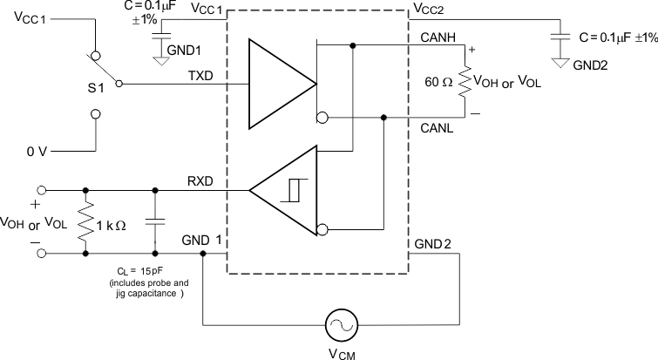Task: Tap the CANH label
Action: click(x=435, y=37)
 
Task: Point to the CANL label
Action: click(x=435, y=128)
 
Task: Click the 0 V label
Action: click(x=37, y=151)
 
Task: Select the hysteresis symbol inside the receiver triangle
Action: click(x=290, y=189)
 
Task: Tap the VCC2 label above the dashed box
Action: click(x=428, y=9)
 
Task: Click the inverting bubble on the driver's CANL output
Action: click(x=322, y=118)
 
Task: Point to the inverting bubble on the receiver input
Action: click(x=322, y=230)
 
